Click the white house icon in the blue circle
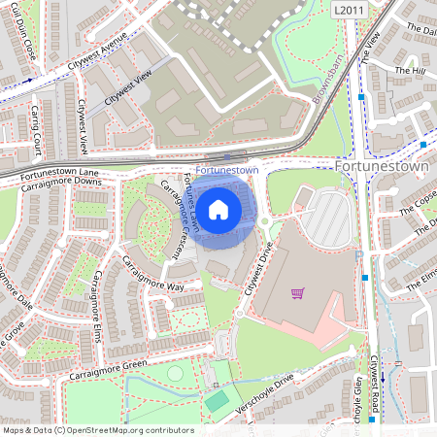[218, 208]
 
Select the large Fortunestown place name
[383, 167]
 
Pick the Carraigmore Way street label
[153, 275]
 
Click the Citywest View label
[128, 88]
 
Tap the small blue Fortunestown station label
[226, 169]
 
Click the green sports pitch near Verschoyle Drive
[218, 400]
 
